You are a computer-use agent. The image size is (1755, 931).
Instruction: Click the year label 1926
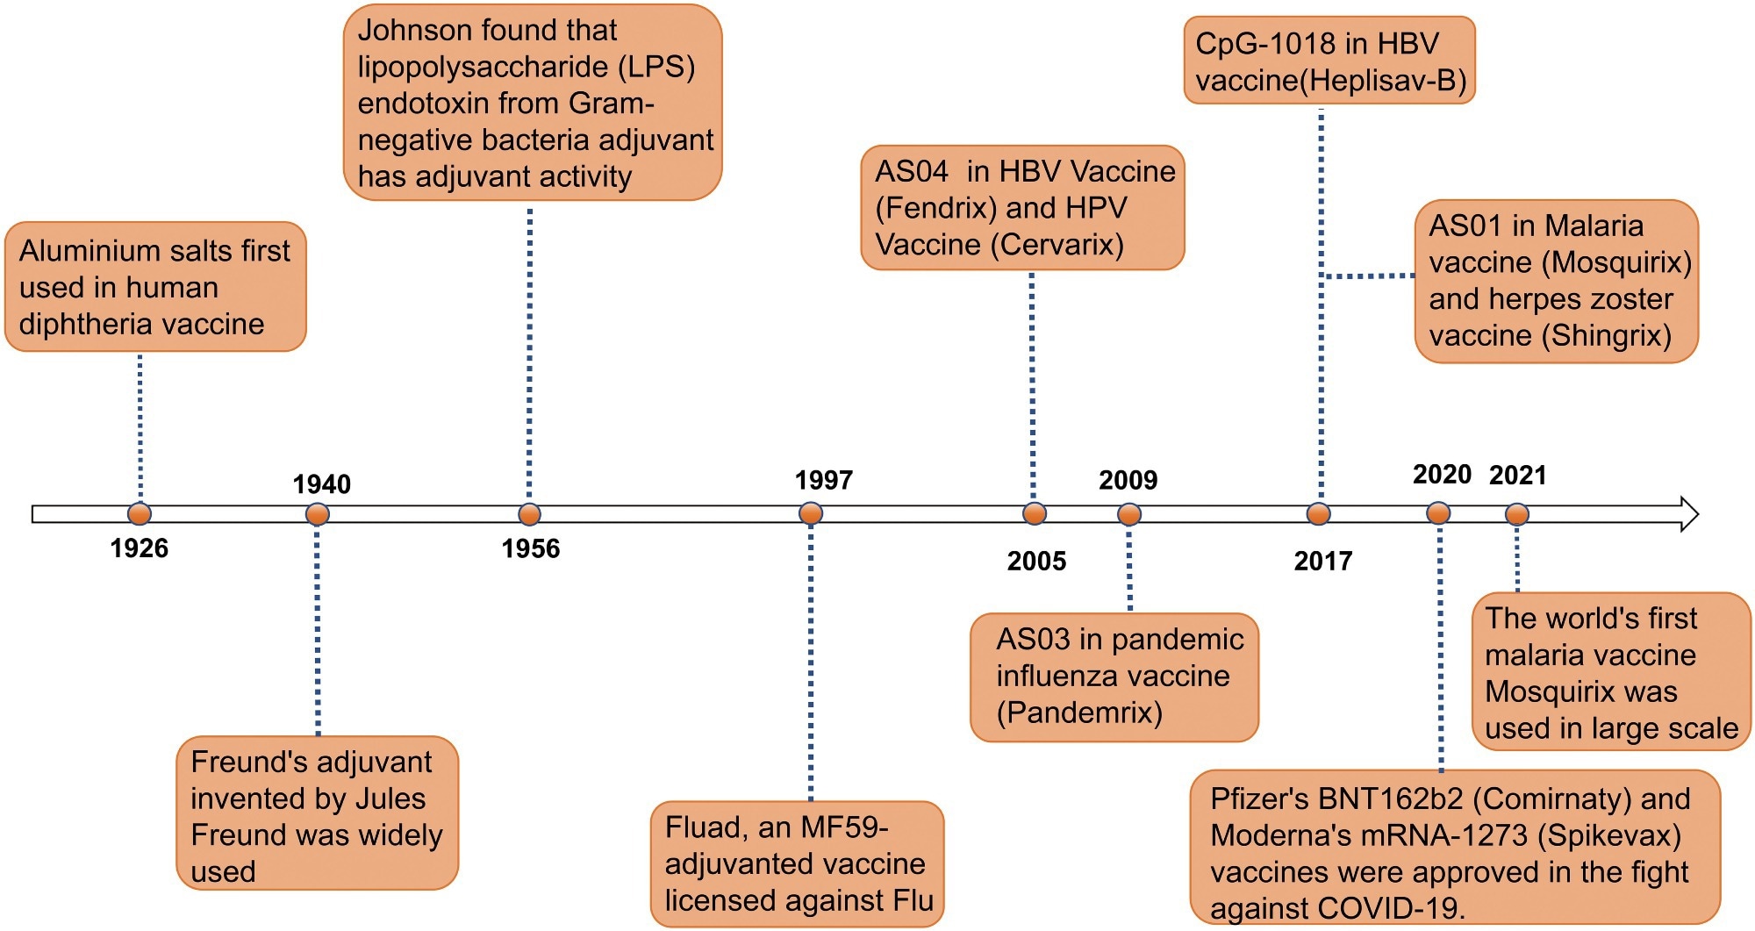[139, 548]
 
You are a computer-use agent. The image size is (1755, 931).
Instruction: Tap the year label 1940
[321, 484]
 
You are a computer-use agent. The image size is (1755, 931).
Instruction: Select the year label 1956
[530, 549]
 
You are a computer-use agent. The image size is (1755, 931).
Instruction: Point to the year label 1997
[823, 481]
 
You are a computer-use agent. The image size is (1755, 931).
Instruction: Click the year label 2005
[1036, 562]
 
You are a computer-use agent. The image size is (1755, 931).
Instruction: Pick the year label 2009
[1128, 481]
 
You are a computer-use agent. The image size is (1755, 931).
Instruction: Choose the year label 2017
[1322, 562]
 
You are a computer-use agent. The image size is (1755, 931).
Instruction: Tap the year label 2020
[1441, 475]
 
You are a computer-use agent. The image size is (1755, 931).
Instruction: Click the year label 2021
[1517, 476]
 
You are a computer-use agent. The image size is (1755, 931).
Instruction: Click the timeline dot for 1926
[140, 513]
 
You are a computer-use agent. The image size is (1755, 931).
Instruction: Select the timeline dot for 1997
[811, 513]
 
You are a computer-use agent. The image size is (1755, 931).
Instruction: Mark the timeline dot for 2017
[1318, 513]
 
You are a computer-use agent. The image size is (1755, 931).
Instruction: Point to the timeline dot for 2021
[1517, 514]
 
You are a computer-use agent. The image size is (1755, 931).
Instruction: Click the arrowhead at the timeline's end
[1689, 514]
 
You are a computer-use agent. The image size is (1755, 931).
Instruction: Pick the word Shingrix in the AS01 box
[1610, 335]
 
